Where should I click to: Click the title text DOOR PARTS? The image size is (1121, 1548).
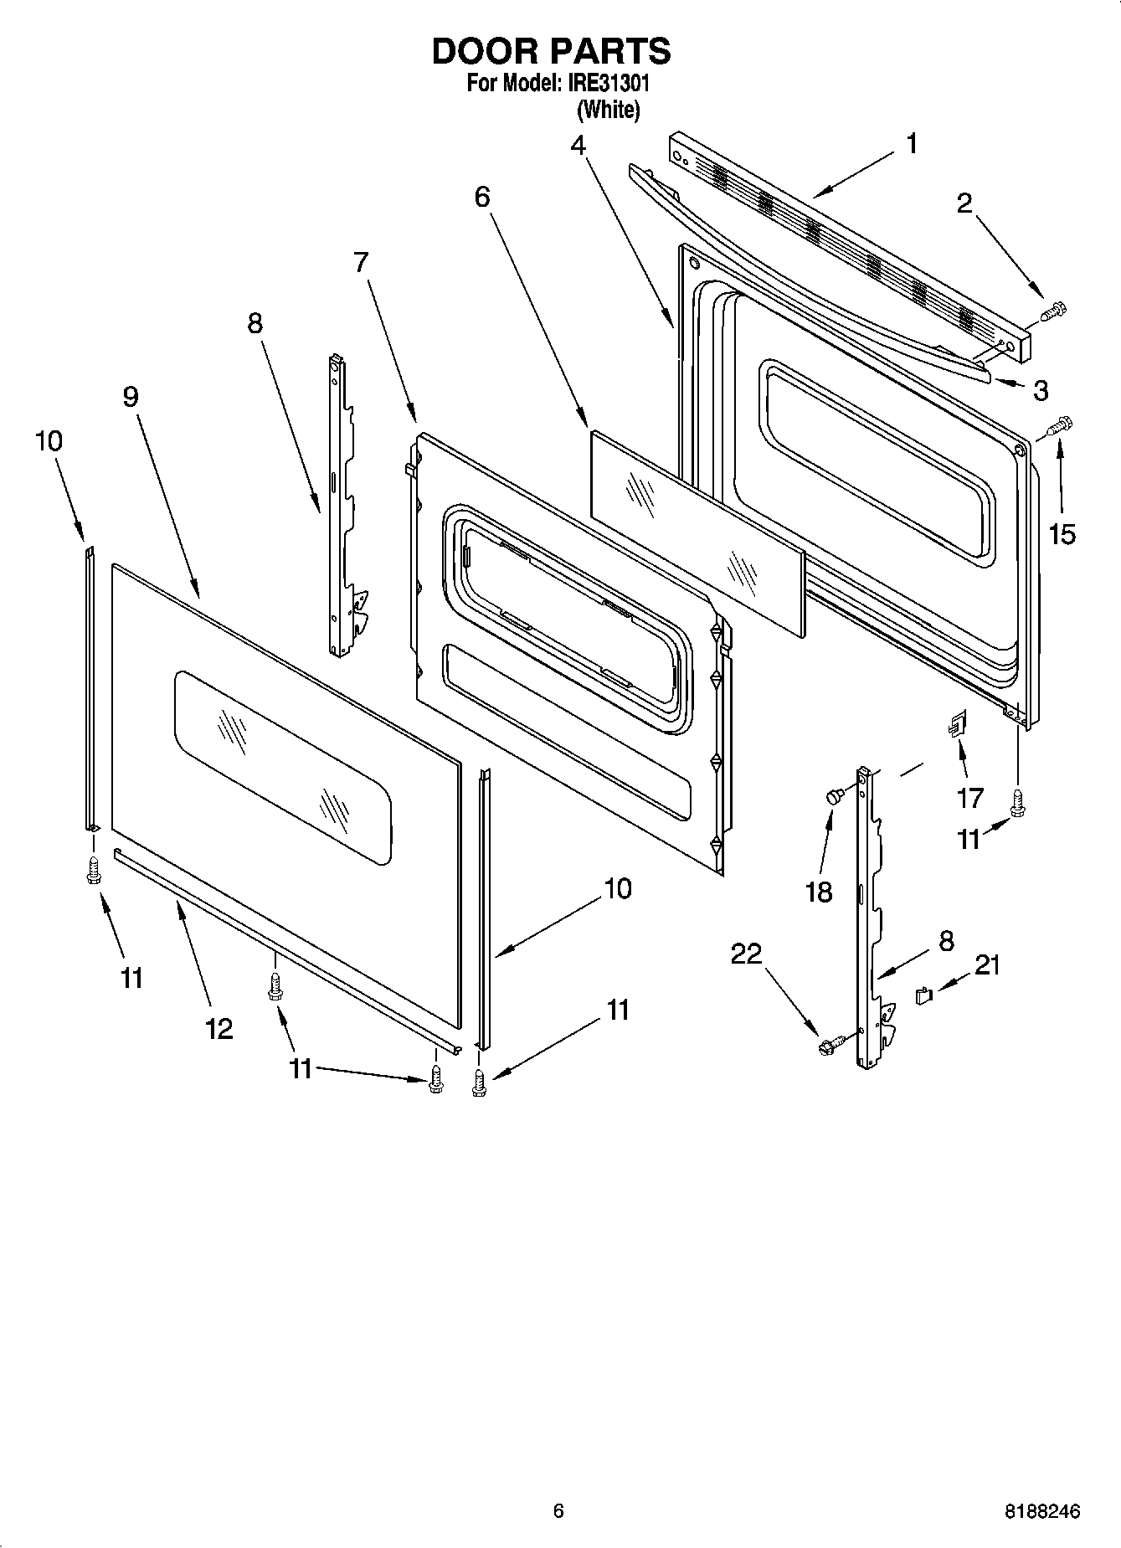(551, 52)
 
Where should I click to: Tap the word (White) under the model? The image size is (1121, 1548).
(609, 109)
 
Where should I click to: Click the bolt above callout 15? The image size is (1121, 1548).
(1059, 427)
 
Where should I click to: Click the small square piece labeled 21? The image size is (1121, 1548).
(924, 995)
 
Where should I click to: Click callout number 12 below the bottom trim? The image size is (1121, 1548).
(219, 1028)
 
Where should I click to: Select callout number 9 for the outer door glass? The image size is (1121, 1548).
(131, 396)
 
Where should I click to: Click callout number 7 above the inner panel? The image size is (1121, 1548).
(360, 262)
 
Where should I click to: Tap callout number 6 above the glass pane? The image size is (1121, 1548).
(482, 197)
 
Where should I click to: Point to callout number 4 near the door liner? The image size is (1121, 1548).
(578, 145)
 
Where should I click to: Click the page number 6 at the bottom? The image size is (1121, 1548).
(558, 1510)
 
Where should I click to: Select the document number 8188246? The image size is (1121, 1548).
(1042, 1512)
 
